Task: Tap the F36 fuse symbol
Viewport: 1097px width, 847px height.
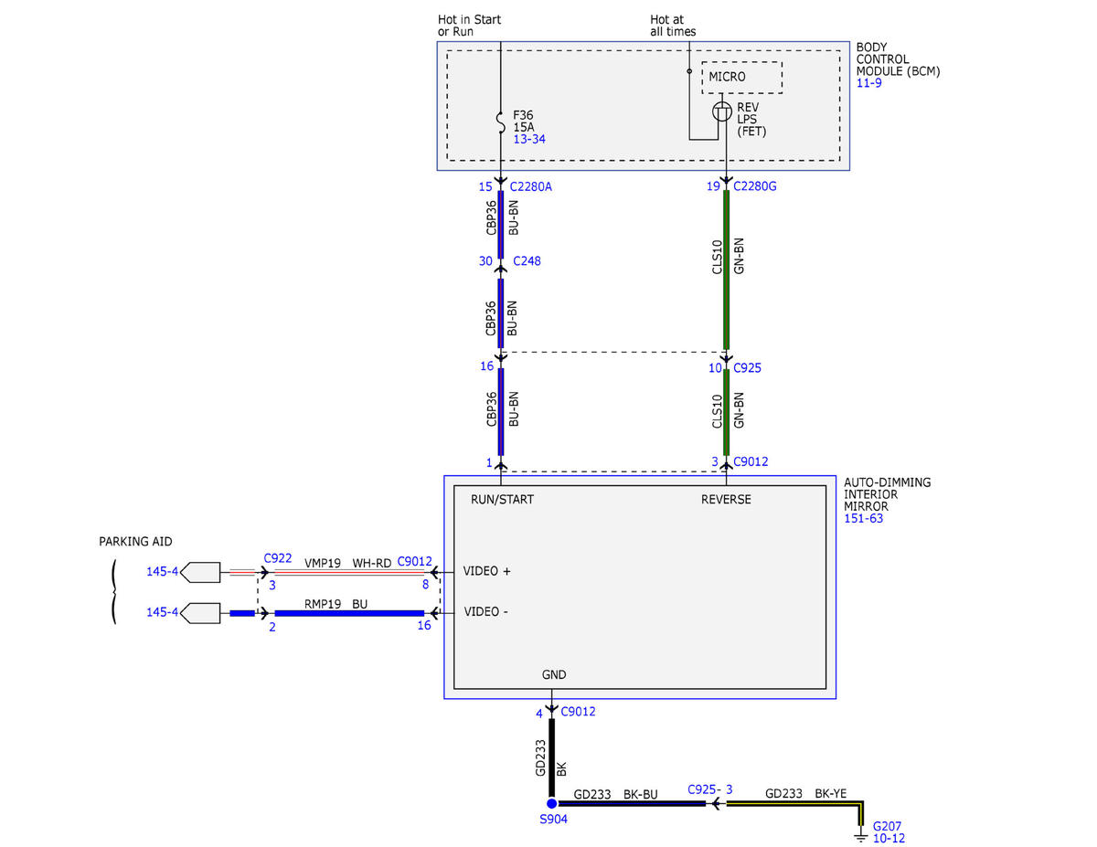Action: [501, 123]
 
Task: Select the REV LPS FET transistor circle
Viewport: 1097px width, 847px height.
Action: [722, 111]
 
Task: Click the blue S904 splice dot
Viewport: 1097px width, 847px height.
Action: [552, 804]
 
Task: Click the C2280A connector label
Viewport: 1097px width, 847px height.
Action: [530, 186]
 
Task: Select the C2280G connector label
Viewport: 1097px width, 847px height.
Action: [755, 186]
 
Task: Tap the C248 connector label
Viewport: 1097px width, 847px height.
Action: [527, 260]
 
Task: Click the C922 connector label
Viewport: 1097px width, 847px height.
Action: [278, 558]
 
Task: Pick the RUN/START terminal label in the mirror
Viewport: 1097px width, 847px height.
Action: [502, 500]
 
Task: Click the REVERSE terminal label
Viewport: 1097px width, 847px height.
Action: [726, 500]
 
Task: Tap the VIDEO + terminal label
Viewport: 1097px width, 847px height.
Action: [486, 571]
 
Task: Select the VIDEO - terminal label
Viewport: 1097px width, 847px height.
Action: [485, 611]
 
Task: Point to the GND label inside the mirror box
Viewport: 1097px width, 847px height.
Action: [554, 674]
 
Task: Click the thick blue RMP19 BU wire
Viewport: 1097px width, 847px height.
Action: [349, 613]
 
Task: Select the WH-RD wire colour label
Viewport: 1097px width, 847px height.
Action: [371, 563]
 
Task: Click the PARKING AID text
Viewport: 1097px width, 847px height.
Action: [135, 541]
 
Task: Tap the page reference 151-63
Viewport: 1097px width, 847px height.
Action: [863, 518]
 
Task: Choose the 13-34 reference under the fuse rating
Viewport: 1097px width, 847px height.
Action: [529, 139]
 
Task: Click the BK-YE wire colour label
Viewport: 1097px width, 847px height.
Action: [830, 793]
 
